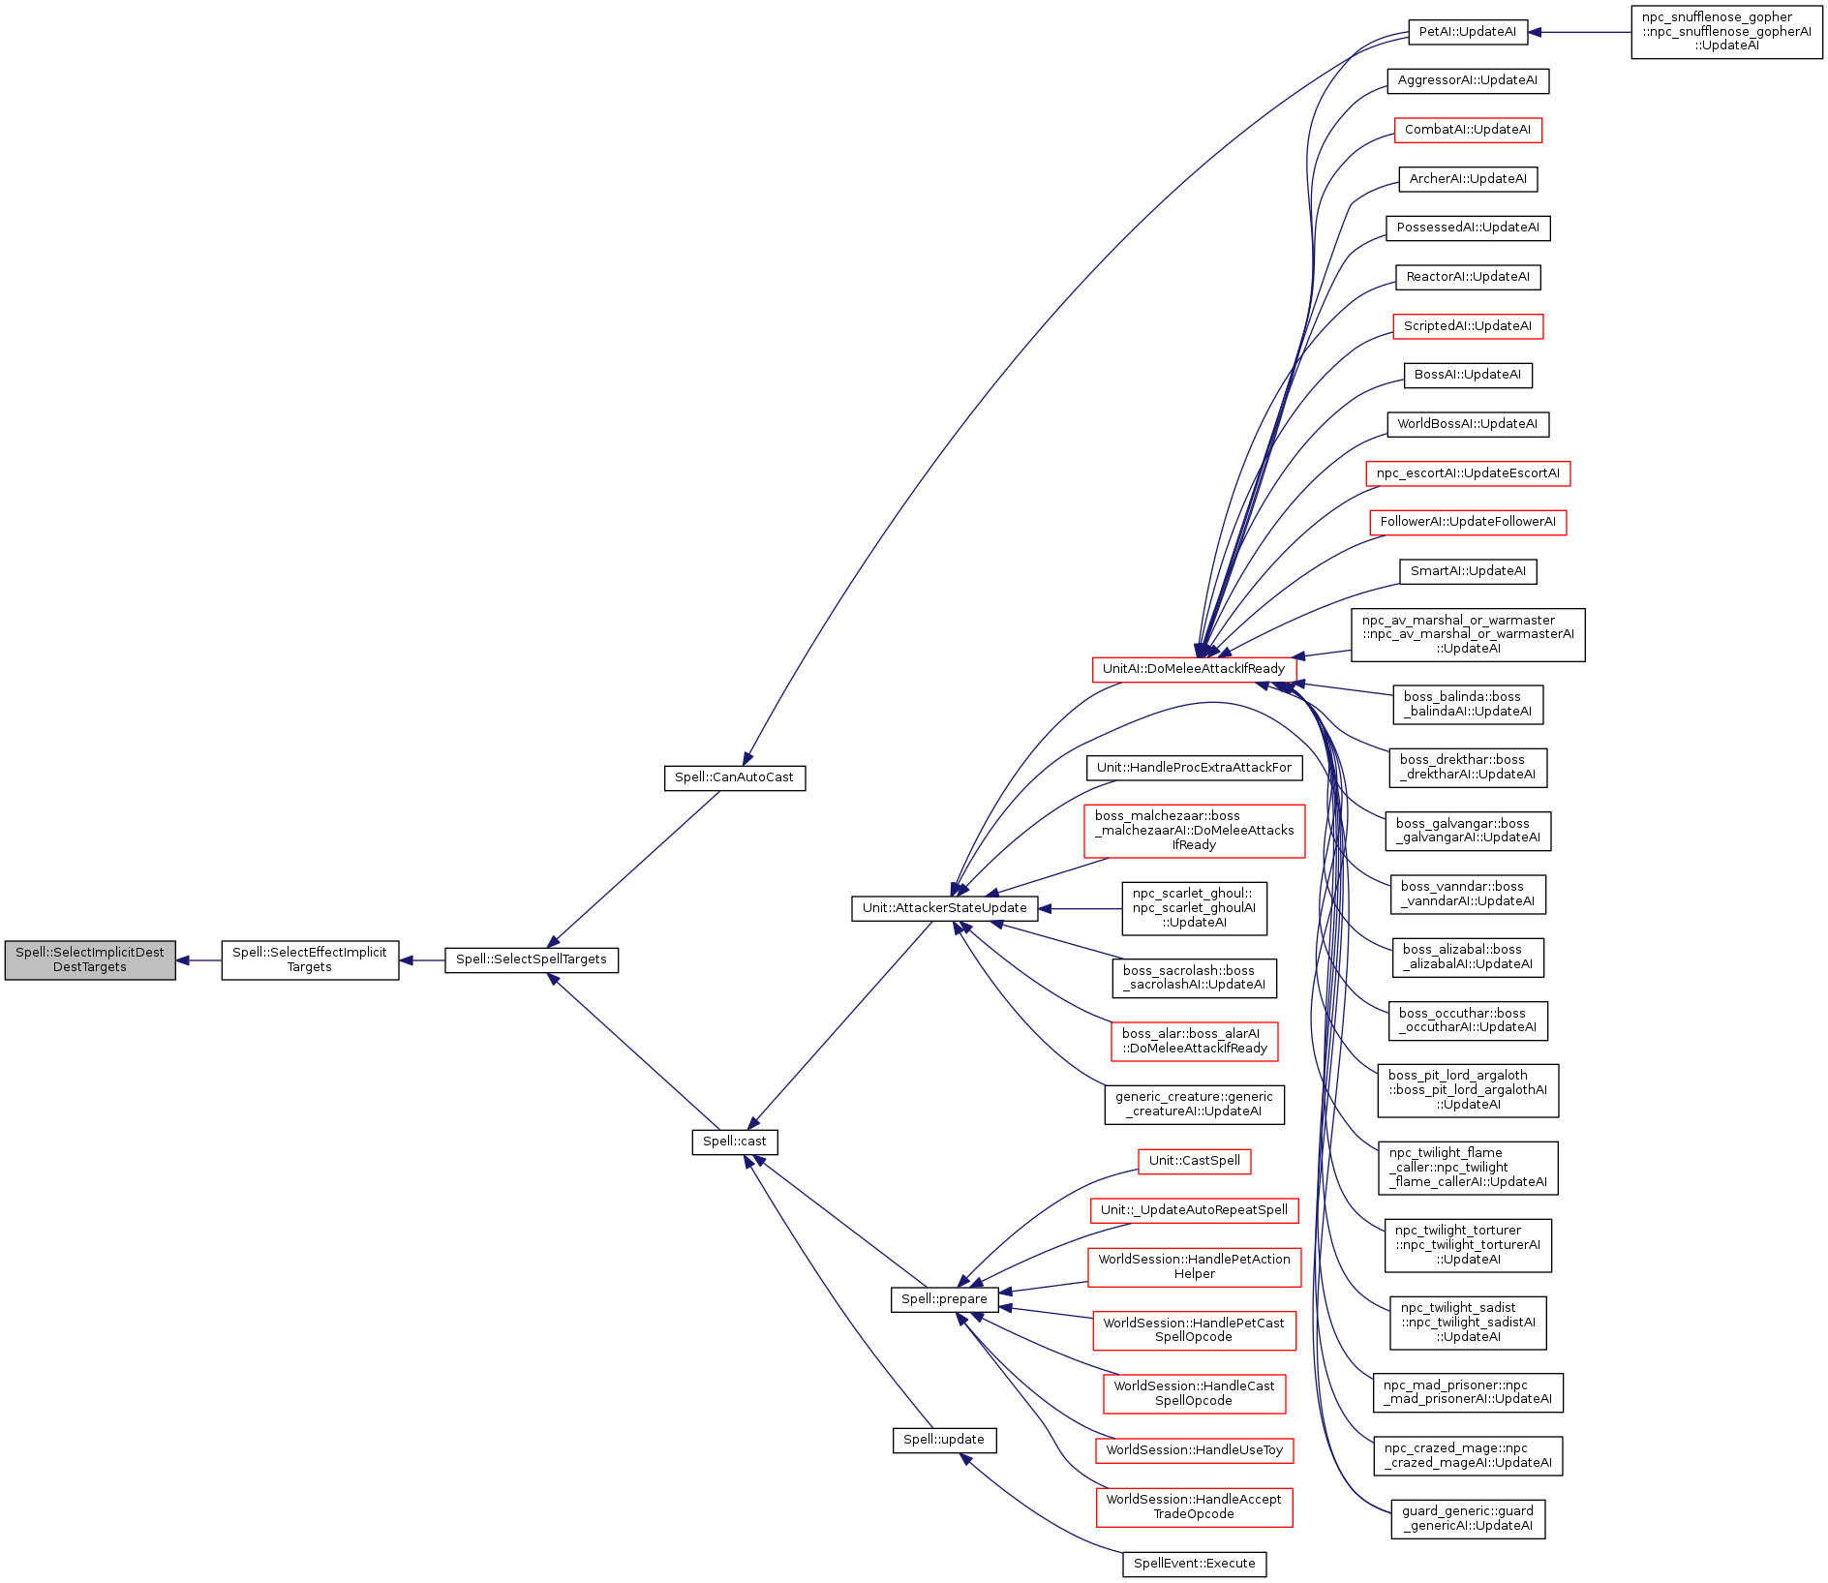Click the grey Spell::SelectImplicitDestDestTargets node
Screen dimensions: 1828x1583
click(x=90, y=959)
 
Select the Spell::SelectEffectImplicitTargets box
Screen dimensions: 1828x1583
click(x=310, y=959)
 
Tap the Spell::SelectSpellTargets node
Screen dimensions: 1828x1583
click(x=532, y=959)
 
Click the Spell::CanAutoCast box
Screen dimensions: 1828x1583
click(x=735, y=777)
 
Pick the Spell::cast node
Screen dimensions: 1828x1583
click(x=735, y=1142)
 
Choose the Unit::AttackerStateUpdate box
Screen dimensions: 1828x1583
click(x=945, y=908)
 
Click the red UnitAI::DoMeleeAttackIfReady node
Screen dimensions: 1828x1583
click(x=1194, y=669)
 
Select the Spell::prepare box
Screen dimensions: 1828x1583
click(x=944, y=1299)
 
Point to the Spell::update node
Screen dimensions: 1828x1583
click(x=944, y=1440)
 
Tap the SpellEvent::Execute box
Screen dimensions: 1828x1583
click(x=1195, y=1564)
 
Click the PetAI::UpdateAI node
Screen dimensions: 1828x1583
click(x=1468, y=32)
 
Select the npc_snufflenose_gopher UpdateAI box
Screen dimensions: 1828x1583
click(x=1727, y=32)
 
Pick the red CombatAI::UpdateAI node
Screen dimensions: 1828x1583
click(x=1468, y=130)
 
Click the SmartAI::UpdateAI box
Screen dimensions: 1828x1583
click(x=1468, y=571)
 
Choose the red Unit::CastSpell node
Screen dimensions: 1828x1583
click(x=1195, y=1161)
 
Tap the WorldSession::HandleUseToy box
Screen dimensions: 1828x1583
click(x=1195, y=1450)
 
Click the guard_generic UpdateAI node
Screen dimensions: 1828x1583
click(x=1468, y=1518)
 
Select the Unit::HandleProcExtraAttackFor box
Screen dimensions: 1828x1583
click(x=1195, y=768)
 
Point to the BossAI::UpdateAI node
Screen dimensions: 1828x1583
click(x=1468, y=375)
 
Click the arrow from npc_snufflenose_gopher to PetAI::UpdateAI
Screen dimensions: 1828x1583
click(x=1579, y=32)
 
